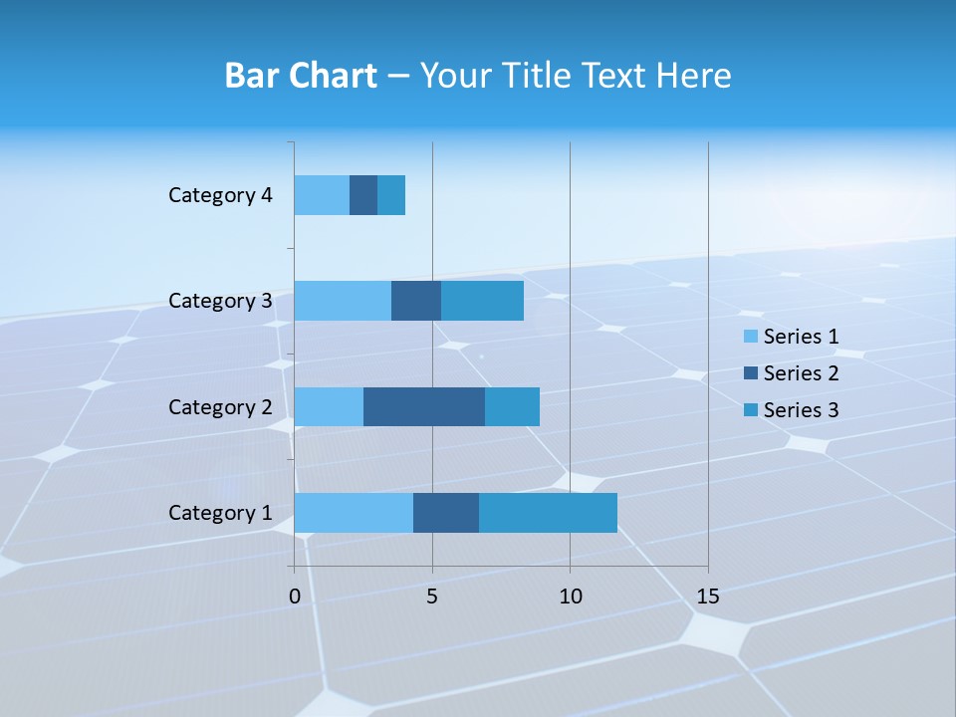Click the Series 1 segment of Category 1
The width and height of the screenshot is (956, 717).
click(354, 512)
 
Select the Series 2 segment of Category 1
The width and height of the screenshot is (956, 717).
click(446, 512)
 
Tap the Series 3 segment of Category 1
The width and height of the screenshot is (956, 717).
click(548, 512)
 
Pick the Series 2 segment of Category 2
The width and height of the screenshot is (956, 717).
click(424, 406)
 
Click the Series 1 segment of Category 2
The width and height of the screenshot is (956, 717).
click(329, 406)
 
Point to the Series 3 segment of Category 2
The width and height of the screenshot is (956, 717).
click(512, 406)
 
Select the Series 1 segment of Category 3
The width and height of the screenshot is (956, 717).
click(343, 301)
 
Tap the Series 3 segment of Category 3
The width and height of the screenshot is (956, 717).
click(482, 301)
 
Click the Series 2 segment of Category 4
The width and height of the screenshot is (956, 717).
click(363, 195)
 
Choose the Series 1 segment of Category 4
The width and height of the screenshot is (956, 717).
click(322, 195)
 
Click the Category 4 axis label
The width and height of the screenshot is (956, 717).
click(220, 195)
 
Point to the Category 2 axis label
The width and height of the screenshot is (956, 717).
click(220, 406)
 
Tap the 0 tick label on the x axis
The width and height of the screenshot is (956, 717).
click(295, 597)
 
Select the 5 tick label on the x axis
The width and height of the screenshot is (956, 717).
click(432, 597)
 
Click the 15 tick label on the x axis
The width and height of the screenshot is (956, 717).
click(708, 597)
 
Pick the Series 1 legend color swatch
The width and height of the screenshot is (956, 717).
click(751, 337)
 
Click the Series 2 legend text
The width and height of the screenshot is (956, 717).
click(801, 373)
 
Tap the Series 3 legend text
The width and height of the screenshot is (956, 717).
click(801, 410)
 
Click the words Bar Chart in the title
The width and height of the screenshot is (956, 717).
click(301, 76)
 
